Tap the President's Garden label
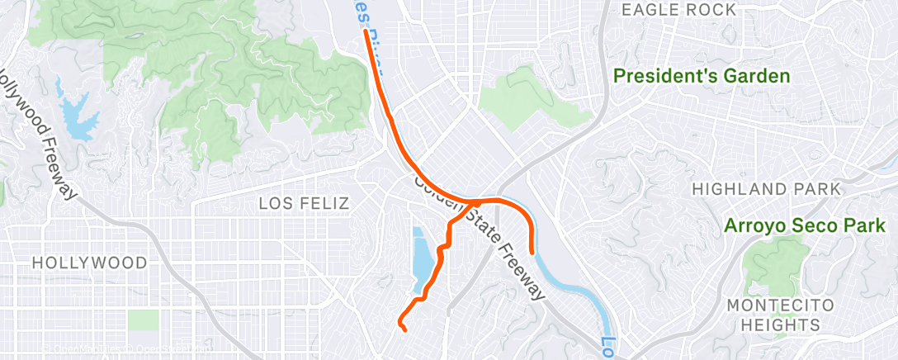[x=701, y=77]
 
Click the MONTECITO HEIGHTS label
[x=774, y=315]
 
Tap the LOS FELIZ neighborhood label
[x=305, y=203]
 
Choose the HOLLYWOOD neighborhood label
[x=90, y=263]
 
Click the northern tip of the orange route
[x=366, y=33]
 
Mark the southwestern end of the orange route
[x=404, y=330]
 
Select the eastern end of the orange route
[x=532, y=253]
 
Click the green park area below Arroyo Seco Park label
[x=773, y=264]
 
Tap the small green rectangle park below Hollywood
[x=143, y=320]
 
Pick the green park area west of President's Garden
[x=517, y=99]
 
